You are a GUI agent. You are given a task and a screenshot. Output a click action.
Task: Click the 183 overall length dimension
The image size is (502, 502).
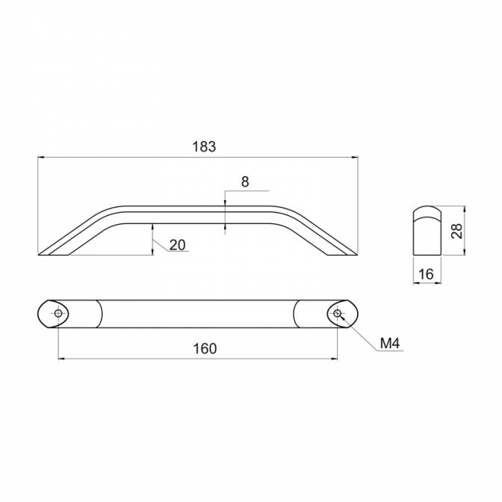204,146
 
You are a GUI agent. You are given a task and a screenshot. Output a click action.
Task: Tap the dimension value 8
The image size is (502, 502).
245,182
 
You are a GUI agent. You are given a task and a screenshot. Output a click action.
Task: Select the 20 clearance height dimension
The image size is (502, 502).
177,245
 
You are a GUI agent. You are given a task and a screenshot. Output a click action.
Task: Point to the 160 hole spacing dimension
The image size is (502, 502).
205,348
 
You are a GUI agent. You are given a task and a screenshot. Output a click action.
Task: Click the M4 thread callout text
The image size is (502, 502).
390,344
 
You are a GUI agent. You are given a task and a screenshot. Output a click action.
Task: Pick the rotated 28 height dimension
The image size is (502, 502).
457,231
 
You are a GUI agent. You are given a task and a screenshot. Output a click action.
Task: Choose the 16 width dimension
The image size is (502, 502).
426,274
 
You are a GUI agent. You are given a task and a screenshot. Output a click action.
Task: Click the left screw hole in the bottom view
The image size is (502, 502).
58,314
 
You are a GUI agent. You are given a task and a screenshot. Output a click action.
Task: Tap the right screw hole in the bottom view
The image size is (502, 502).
337,314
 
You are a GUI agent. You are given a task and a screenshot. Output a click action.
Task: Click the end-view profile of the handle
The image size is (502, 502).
427,231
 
